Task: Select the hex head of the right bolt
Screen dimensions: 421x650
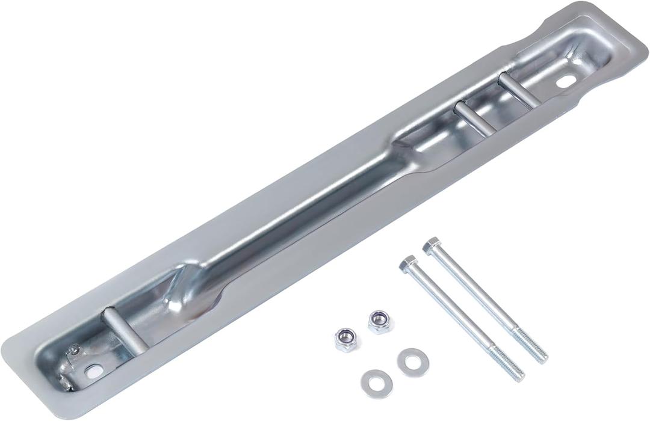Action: coord(431,245)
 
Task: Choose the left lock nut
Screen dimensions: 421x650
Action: coord(345,340)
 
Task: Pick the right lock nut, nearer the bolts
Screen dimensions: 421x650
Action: coord(378,322)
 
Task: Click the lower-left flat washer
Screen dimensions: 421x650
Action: coord(376,379)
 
